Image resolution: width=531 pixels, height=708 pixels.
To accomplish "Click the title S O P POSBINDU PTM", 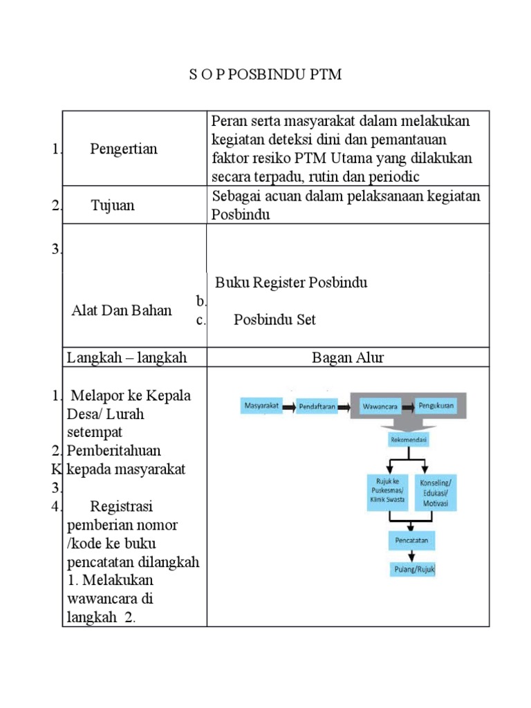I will click(265, 75).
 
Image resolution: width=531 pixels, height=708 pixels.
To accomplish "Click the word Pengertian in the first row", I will click(124, 149).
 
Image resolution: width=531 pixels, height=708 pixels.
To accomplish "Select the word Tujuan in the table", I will click(113, 205).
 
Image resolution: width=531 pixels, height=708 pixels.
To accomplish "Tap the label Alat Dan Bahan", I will click(122, 310).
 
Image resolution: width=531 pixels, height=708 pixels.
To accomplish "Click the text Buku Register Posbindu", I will click(291, 283).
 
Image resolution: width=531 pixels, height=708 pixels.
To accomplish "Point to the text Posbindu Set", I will click(274, 319).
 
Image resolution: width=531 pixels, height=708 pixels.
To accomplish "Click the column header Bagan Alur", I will click(348, 357).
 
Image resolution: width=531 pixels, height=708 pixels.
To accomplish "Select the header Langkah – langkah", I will click(127, 357).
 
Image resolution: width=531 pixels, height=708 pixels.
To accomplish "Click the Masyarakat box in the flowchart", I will click(261, 407).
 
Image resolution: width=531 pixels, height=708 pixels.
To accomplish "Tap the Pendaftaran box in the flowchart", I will click(317, 407).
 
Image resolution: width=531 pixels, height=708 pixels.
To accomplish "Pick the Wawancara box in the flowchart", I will click(380, 407).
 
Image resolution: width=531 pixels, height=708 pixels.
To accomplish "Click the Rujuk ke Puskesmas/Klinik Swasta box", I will click(387, 492).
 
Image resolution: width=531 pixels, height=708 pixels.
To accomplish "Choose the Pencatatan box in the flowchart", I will click(411, 539).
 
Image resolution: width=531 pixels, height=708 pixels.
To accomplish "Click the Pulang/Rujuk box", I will click(411, 570).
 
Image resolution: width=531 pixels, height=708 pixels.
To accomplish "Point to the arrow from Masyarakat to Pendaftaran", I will click(289, 407).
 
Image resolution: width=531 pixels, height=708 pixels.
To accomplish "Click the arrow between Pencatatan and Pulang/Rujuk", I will click(412, 555).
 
